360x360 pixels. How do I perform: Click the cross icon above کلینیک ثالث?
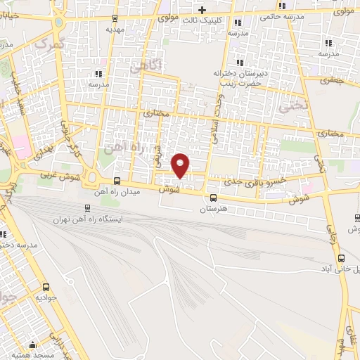tap(202, 10)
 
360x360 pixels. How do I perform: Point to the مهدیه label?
tap(114, 30)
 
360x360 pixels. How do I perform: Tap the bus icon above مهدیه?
tap(114, 19)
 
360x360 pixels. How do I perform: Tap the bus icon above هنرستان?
tap(212, 198)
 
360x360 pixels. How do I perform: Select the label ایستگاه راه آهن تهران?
tap(88, 219)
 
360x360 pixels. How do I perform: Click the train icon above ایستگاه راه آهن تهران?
tap(88, 208)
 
